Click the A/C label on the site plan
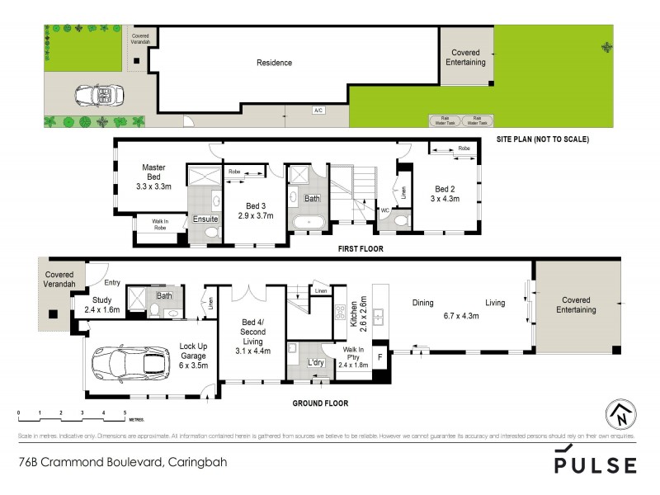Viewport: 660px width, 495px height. click(x=318, y=110)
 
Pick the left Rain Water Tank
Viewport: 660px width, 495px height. click(x=444, y=120)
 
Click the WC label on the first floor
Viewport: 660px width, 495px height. click(x=384, y=210)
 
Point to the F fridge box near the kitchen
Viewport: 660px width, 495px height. click(x=379, y=358)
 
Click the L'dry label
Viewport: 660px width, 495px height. click(x=315, y=363)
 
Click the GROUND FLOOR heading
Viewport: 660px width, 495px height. click(x=319, y=403)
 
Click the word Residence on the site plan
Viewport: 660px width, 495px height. click(x=274, y=63)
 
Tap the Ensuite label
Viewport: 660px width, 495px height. click(x=205, y=219)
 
